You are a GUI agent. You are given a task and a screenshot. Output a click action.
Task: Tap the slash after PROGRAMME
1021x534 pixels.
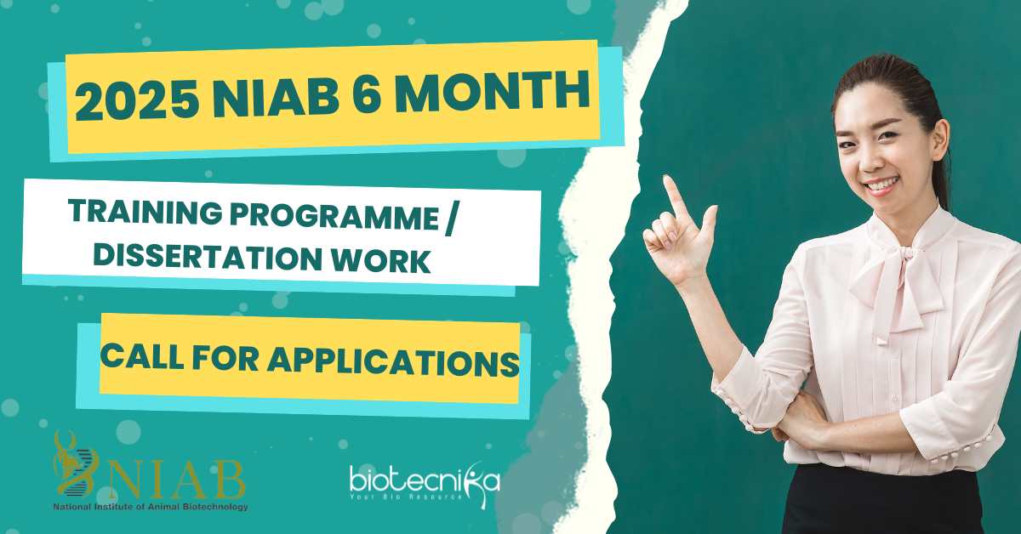coord(449,220)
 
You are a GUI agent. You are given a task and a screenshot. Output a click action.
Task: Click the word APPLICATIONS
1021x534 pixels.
coord(393,361)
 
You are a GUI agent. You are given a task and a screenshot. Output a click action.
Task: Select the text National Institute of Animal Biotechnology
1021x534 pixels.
coord(151,507)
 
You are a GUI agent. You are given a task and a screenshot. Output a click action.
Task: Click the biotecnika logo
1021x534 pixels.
coord(425,483)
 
